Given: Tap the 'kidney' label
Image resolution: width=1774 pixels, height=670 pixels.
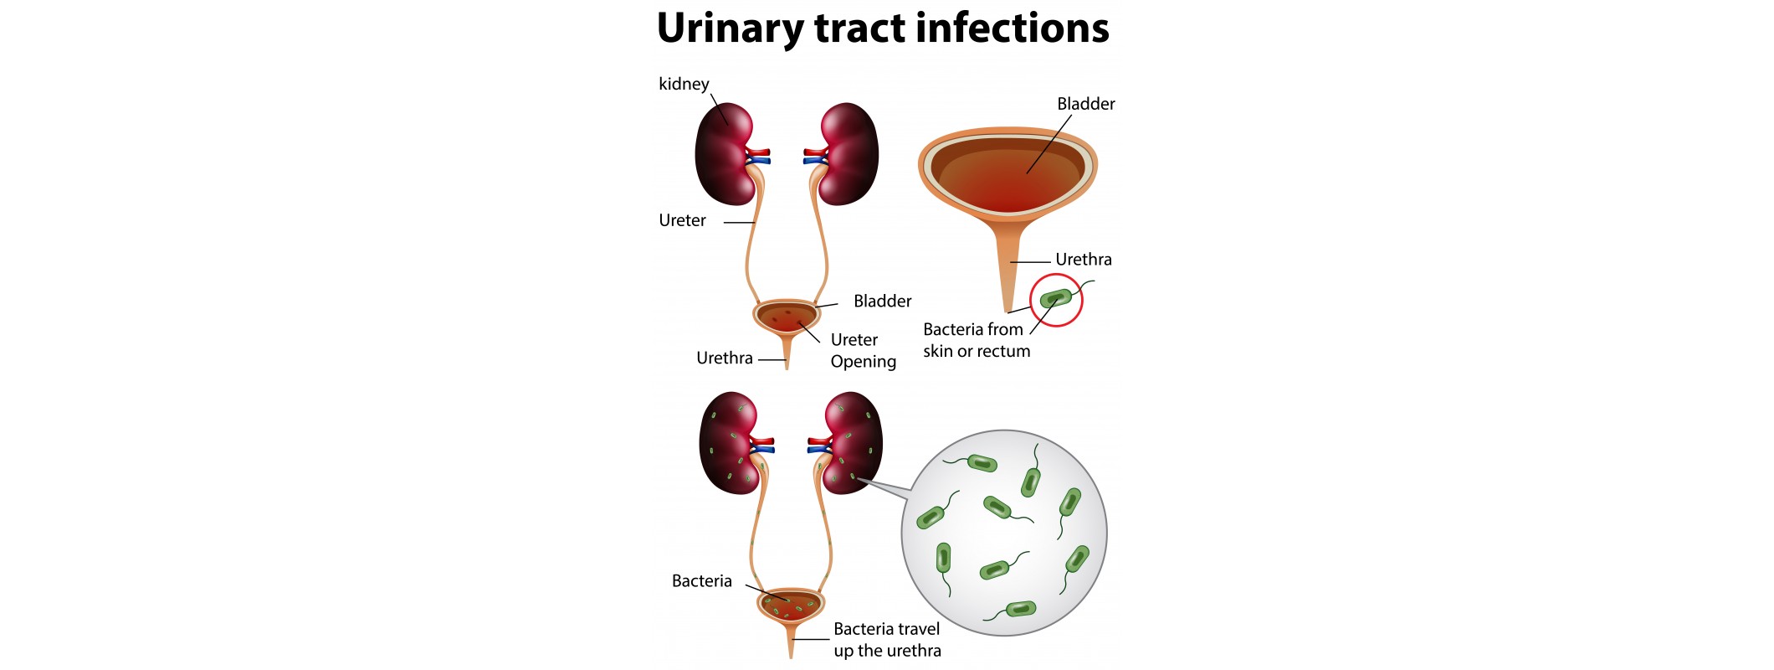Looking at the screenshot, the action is click(684, 84).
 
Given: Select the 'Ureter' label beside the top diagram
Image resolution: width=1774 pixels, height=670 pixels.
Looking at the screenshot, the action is click(682, 220).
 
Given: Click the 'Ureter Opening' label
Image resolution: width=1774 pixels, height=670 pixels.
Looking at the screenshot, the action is click(863, 350).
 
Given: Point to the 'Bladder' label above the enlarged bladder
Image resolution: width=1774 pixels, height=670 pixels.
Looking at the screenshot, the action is click(1085, 104).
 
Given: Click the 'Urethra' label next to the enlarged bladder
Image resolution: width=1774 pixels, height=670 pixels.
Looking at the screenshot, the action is click(1083, 260).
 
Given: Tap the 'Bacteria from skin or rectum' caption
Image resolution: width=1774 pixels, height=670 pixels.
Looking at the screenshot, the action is click(976, 340).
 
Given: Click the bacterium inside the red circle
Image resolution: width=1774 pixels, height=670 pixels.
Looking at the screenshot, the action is click(1056, 298).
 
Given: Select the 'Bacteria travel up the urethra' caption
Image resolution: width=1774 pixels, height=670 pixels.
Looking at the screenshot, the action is click(887, 640).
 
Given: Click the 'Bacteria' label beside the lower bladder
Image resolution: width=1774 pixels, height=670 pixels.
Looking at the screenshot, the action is click(701, 581).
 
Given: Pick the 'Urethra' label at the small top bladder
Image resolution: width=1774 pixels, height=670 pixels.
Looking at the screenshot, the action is click(724, 358).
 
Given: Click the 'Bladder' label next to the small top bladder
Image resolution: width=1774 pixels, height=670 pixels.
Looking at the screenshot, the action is click(882, 301).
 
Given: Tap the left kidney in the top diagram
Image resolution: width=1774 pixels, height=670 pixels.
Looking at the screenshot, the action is click(725, 154).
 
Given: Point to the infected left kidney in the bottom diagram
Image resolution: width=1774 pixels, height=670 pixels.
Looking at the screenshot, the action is click(729, 443).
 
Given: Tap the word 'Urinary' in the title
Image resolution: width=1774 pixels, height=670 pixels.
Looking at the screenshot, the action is click(730, 29).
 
